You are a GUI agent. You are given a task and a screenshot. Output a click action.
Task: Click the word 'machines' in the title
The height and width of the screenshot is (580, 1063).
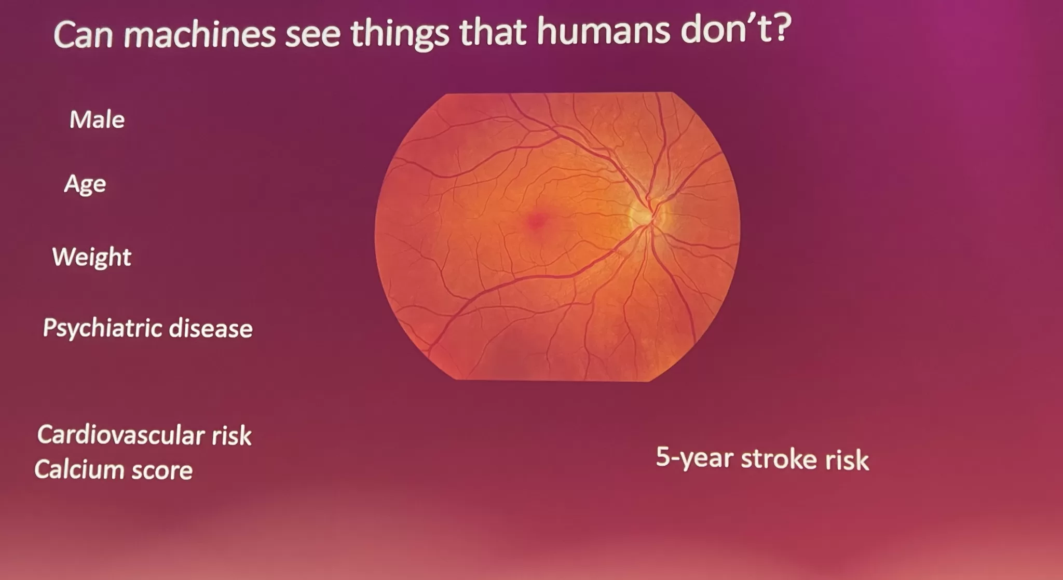coord(200,35)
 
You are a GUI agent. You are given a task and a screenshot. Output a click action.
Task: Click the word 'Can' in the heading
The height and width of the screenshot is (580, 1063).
coord(83,36)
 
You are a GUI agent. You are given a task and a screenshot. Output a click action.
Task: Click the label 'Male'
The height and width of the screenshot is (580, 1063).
coord(97,119)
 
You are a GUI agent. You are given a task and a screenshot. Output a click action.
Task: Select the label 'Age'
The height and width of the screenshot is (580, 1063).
coord(85,184)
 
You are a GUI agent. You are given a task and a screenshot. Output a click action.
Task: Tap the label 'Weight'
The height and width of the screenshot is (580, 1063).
coord(92,257)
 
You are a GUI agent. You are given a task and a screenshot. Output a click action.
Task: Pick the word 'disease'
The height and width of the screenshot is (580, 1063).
coord(211,329)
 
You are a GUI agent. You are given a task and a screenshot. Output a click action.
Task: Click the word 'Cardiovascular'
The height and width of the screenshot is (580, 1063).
coord(120,435)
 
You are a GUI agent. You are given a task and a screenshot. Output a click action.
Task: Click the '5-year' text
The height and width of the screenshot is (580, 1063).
coord(695,457)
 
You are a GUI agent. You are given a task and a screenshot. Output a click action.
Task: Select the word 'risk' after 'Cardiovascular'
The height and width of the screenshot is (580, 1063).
coord(231,436)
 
